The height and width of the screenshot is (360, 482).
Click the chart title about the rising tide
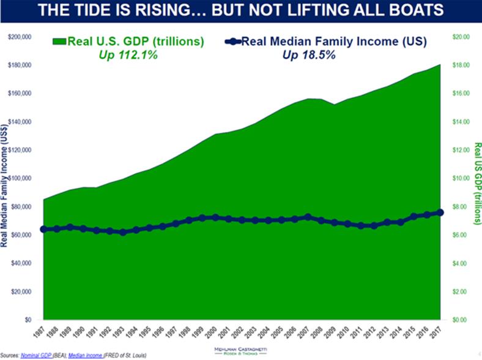click(x=240, y=10)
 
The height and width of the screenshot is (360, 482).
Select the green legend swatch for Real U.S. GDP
click(x=60, y=42)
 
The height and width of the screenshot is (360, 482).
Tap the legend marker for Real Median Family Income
click(x=233, y=42)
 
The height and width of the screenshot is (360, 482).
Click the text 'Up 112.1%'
click(x=125, y=55)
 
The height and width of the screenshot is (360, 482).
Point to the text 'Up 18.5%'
click(x=305, y=55)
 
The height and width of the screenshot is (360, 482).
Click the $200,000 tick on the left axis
click(x=20, y=37)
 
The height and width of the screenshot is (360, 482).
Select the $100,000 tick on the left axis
click(x=20, y=178)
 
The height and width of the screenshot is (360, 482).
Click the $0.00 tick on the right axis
click(x=459, y=320)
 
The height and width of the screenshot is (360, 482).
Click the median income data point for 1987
click(x=43, y=229)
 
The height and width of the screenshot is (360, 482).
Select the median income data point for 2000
click(x=215, y=217)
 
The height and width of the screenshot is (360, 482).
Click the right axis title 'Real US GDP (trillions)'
click(x=477, y=183)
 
